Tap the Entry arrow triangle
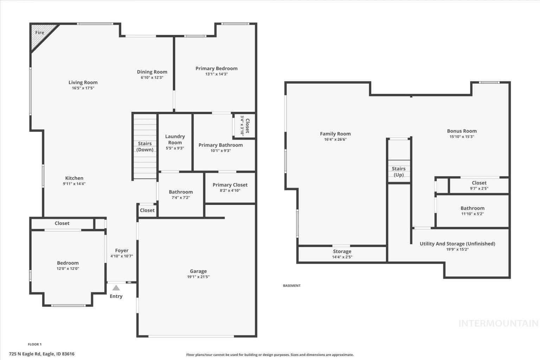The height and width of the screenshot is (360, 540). click(116, 288)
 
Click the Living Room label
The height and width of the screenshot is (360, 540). click(83, 83)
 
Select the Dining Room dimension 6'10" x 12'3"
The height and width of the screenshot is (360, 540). click(152, 77)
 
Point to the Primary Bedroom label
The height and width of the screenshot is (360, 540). click(216, 69)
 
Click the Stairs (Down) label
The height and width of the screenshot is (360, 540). click(145, 147)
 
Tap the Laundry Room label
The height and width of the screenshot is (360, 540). click(175, 140)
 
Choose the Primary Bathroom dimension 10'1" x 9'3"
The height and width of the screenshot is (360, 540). click(220, 151)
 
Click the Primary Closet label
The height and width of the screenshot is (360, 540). click(230, 185)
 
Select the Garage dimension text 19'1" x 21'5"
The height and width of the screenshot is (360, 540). click(198, 277)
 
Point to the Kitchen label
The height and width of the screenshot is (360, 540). click(74, 178)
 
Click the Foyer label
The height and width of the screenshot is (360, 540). click(122, 251)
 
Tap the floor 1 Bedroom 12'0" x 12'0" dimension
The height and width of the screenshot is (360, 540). click(68, 269)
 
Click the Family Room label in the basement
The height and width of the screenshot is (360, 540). click(335, 134)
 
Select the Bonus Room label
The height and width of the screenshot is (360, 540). click(462, 131)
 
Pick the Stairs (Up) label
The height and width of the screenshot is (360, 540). click(399, 172)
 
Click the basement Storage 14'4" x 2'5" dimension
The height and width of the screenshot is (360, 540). click(342, 257)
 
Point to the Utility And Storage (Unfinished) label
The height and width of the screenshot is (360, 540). click(457, 244)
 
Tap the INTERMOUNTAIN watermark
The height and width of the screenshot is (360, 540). click(498, 323)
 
